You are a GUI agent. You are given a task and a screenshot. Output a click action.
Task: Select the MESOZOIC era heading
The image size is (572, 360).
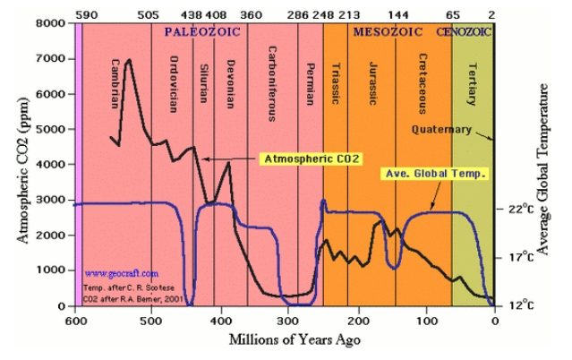point(388,30)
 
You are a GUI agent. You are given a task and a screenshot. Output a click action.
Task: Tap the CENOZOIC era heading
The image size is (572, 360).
point(464,30)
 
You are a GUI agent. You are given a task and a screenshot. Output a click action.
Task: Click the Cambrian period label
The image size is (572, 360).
point(115,80)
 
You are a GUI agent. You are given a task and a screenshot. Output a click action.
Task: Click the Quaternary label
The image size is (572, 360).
point(441,129)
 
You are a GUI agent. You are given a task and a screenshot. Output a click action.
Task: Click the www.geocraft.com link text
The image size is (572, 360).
point(122,273)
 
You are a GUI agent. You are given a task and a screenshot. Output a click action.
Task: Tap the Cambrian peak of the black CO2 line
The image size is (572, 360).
point(129,61)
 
